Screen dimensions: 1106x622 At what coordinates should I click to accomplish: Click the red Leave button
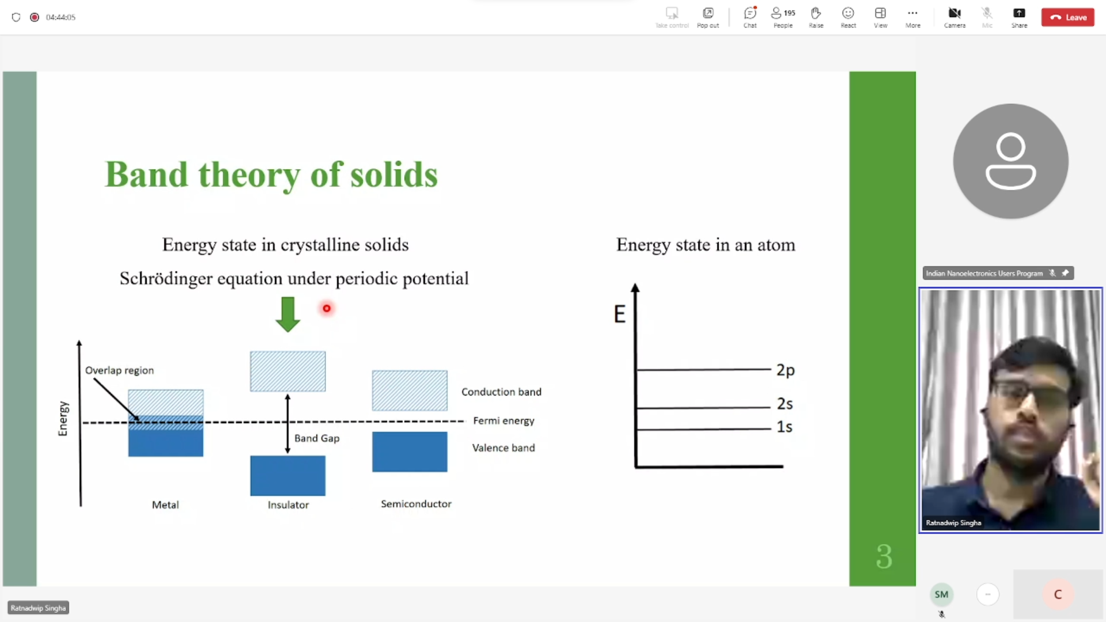(x=1067, y=17)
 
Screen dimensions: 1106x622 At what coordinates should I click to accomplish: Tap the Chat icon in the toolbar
(x=750, y=13)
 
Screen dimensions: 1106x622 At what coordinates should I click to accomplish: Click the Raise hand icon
(x=816, y=13)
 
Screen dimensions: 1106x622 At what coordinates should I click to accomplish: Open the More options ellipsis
(x=912, y=13)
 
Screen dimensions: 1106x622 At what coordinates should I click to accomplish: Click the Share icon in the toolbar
(x=1019, y=13)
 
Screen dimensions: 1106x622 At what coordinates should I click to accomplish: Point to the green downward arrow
(x=287, y=314)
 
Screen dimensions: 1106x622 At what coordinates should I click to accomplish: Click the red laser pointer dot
(x=327, y=309)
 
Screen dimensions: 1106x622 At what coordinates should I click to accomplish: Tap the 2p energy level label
(x=785, y=370)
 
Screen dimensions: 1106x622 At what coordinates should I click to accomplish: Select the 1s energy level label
(x=784, y=427)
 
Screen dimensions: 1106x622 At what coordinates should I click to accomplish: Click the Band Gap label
(x=317, y=438)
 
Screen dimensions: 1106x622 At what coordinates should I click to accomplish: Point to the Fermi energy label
(x=503, y=421)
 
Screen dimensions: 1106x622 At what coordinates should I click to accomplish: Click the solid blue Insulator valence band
(x=287, y=476)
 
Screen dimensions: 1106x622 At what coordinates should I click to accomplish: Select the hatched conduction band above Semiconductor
(x=410, y=390)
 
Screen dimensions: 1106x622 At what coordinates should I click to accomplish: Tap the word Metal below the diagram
(x=165, y=505)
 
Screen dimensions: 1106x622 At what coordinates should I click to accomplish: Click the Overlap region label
(x=119, y=370)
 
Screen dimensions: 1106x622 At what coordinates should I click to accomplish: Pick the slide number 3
(x=884, y=557)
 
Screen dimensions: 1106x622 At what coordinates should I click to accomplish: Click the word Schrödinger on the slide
(x=166, y=279)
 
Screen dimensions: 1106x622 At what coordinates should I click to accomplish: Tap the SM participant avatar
(x=941, y=594)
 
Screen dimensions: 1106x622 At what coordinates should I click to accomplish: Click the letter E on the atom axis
(x=619, y=314)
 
